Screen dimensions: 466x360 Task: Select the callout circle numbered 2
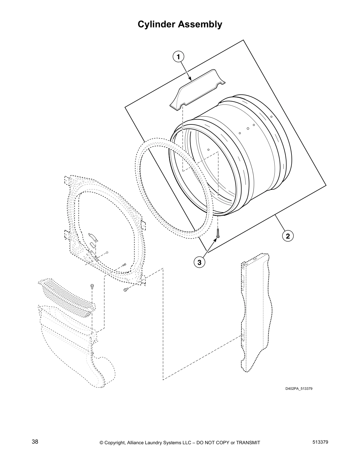(x=288, y=236)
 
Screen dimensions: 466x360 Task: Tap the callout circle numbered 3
(x=199, y=262)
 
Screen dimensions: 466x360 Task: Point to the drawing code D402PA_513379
(x=299, y=389)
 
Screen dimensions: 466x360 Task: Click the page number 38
(x=35, y=442)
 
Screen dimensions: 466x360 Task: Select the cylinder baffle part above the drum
(x=198, y=91)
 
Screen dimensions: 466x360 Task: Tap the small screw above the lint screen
(x=92, y=286)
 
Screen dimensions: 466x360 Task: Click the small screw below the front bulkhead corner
(x=126, y=290)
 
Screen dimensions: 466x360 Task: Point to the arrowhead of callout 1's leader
(x=191, y=79)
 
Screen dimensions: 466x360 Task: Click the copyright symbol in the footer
(x=101, y=442)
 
